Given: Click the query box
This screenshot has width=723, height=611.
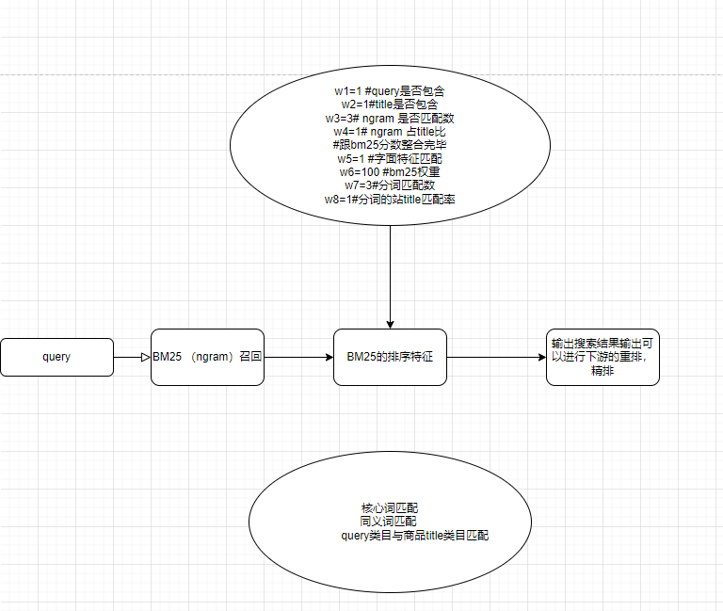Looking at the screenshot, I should pyautogui.click(x=56, y=358).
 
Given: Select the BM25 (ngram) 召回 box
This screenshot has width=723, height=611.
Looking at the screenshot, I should pyautogui.click(x=207, y=358).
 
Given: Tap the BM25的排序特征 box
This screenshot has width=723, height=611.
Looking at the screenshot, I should pyautogui.click(x=390, y=358).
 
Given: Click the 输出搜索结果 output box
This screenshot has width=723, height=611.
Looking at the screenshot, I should pyautogui.click(x=602, y=357).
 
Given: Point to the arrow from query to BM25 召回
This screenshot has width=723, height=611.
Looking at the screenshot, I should pyautogui.click(x=132, y=358).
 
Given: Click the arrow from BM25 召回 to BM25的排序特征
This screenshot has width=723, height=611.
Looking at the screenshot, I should pyautogui.click(x=297, y=358).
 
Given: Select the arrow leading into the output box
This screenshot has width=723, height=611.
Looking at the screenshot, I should pyautogui.click(x=496, y=358).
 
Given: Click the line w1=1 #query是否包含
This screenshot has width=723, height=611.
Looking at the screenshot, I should pyautogui.click(x=389, y=90).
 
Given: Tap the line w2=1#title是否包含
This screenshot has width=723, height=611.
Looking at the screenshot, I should pyautogui.click(x=389, y=104).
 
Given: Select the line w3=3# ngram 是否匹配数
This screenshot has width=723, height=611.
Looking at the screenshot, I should pyautogui.click(x=389, y=118).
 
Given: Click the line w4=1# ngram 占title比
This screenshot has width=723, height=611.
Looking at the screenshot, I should pyautogui.click(x=389, y=131).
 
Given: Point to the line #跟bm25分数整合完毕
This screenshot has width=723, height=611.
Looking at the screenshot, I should pyautogui.click(x=389, y=144).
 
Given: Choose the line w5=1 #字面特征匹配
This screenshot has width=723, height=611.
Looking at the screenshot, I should pyautogui.click(x=389, y=158).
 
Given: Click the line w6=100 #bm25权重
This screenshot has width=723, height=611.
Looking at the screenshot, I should pyautogui.click(x=389, y=171).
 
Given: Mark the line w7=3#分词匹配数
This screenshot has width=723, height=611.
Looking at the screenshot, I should pyautogui.click(x=389, y=185).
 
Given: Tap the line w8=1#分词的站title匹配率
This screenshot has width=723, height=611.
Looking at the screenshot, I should pyautogui.click(x=389, y=199).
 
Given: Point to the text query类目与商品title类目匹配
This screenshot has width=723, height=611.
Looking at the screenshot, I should pyautogui.click(x=415, y=536).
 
